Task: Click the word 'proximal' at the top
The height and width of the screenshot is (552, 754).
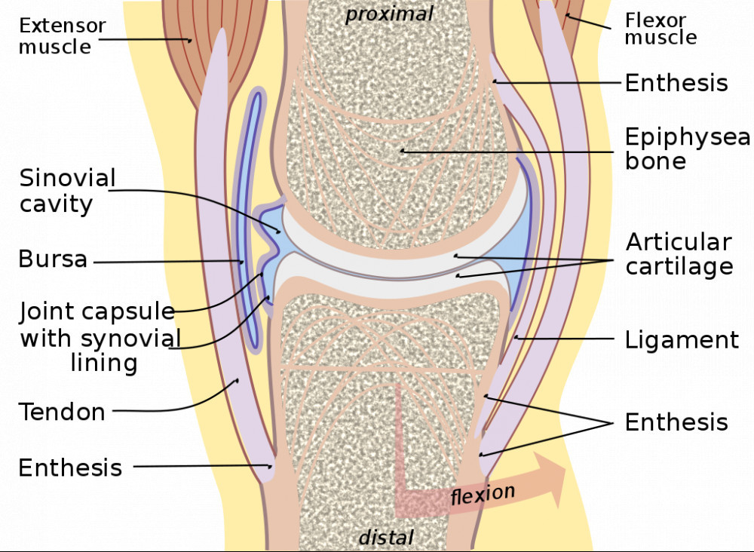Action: click(389, 14)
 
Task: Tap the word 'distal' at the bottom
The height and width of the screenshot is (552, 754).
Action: click(385, 537)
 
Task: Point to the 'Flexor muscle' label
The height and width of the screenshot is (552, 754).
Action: click(660, 29)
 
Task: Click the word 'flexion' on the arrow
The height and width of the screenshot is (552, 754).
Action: click(483, 495)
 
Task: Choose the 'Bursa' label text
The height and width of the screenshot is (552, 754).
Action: click(52, 260)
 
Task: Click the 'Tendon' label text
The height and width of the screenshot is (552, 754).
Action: click(62, 412)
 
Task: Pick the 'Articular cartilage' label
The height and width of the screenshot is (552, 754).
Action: click(679, 254)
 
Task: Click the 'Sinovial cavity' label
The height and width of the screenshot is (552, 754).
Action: click(67, 191)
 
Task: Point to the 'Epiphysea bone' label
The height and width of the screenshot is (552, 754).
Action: click(687, 149)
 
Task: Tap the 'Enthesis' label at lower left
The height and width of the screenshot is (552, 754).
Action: click(70, 468)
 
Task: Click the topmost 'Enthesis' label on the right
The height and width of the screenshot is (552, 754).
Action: click(676, 82)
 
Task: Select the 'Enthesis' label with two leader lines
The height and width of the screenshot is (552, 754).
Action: click(676, 422)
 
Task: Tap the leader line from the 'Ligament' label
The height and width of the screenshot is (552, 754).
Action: click(565, 339)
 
